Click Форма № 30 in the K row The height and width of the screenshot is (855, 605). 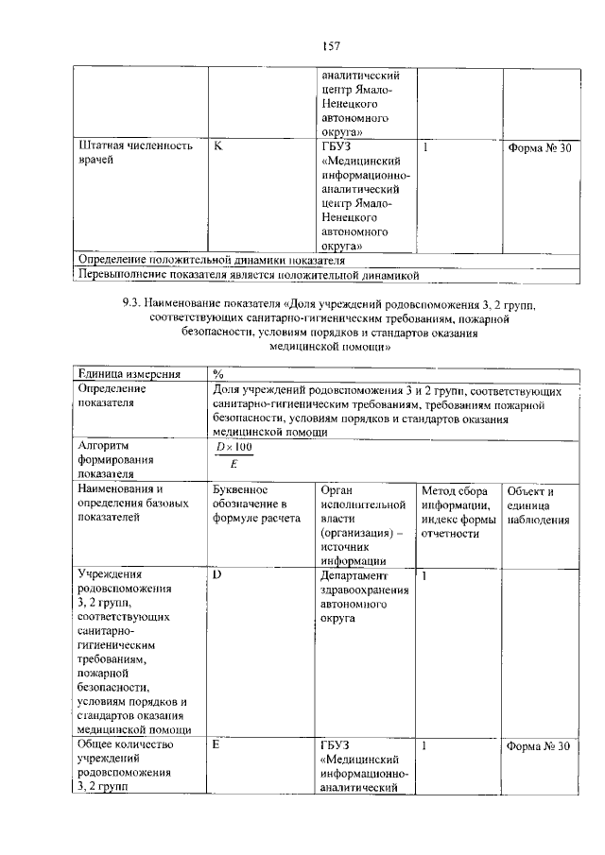(539, 147)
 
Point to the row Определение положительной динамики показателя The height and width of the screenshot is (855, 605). (211, 260)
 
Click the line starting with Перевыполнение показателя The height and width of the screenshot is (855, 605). (248, 275)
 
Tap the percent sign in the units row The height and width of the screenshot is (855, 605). (218, 374)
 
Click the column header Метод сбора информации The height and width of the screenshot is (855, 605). (458, 511)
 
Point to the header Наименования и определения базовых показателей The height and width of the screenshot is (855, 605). (129, 504)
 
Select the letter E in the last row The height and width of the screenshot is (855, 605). (216, 745)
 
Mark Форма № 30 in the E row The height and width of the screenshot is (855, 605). (539, 746)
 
